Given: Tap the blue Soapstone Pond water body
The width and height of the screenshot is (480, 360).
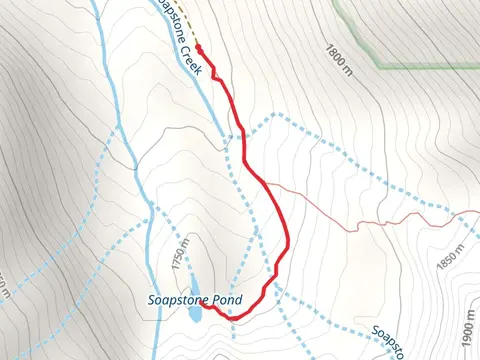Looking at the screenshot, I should [x=195, y=314].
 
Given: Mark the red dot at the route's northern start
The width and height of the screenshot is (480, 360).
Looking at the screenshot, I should [x=198, y=47].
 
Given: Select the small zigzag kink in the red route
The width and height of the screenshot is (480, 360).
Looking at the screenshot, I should [x=214, y=74].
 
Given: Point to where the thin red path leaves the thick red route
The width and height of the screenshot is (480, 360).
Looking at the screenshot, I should [x=268, y=186].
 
